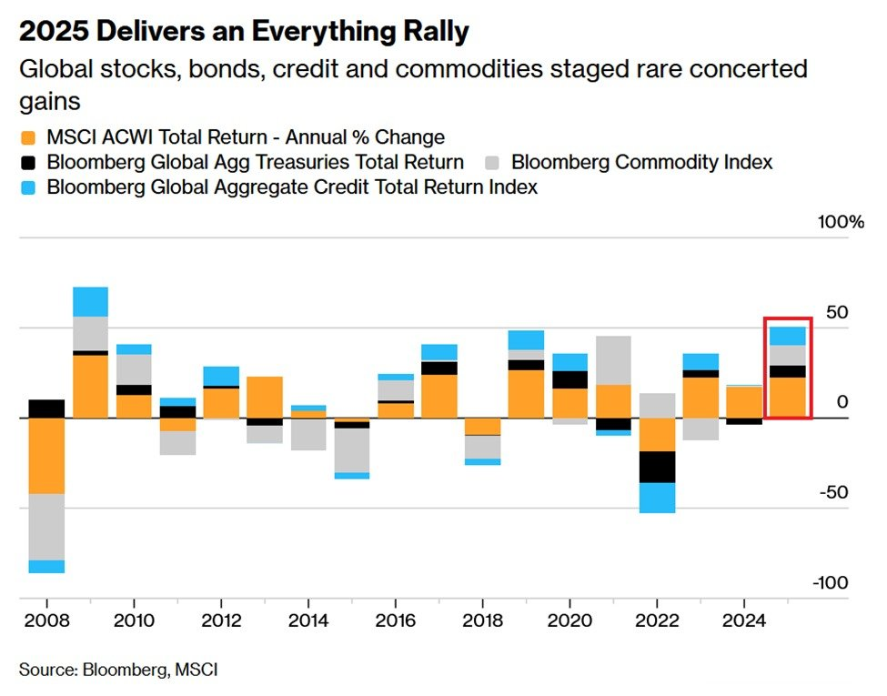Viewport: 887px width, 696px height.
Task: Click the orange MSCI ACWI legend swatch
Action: tap(28, 138)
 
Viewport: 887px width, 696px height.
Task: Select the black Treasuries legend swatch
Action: tap(28, 163)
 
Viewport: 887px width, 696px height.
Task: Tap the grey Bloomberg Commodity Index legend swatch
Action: tap(493, 163)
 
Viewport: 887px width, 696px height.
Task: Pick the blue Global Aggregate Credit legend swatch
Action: tap(28, 187)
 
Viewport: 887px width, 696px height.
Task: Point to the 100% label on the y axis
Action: tap(842, 222)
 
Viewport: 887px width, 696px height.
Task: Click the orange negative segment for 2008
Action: tap(46, 455)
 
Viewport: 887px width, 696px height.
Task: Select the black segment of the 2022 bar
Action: tap(657, 467)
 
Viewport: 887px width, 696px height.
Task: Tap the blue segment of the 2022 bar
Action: tap(657, 498)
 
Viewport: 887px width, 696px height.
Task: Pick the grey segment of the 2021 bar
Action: tap(613, 360)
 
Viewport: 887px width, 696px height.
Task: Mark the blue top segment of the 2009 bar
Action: tap(90, 301)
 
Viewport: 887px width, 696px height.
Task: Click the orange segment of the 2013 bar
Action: tap(265, 397)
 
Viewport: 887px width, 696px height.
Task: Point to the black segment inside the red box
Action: tap(787, 371)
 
